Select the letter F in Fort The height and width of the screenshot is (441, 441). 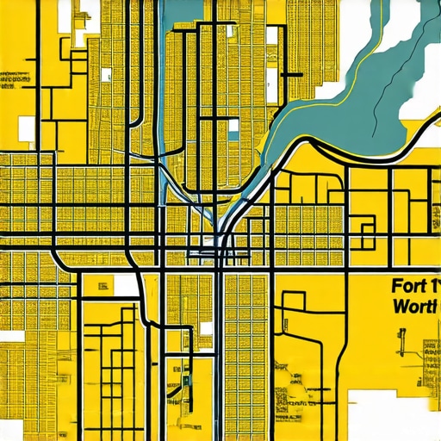pyautogui.click(x=396, y=285)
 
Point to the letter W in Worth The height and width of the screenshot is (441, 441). pyautogui.click(x=399, y=306)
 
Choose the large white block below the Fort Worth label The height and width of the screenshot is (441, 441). pyautogui.click(x=388, y=413)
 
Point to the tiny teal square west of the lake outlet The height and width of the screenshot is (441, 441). pyautogui.click(x=233, y=130)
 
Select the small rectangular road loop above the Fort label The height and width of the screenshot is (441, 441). pyautogui.click(x=368, y=227)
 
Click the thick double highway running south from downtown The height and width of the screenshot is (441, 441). pyautogui.click(x=220, y=345)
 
